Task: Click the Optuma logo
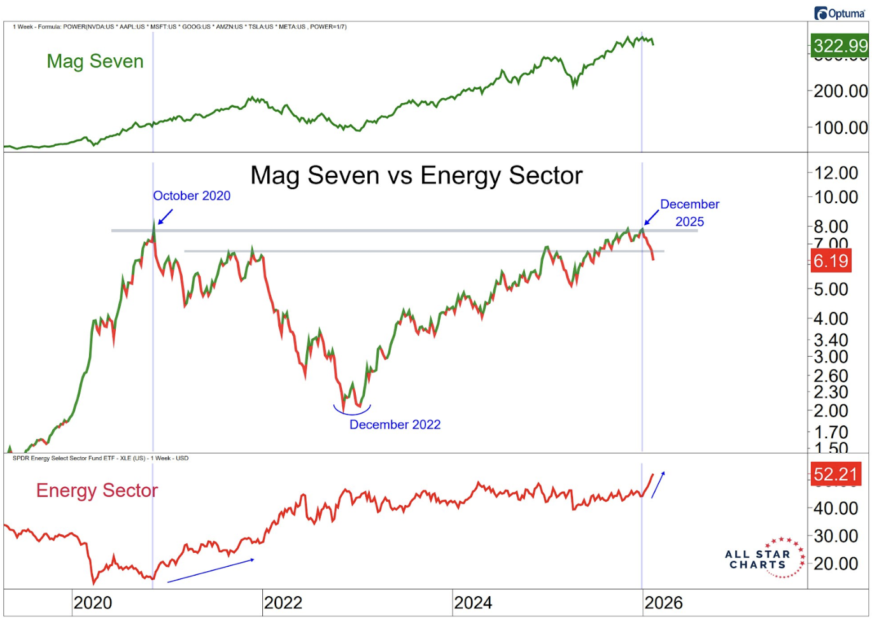(840, 13)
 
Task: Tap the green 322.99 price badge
(840, 46)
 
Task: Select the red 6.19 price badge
(831, 261)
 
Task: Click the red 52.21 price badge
(836, 474)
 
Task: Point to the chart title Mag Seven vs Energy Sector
(416, 176)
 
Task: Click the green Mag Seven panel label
(95, 61)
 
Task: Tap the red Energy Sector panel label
(97, 490)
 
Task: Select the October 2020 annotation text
(192, 196)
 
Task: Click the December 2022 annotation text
(395, 425)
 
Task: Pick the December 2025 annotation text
(689, 213)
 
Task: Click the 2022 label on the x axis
(283, 603)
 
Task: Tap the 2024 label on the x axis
(473, 603)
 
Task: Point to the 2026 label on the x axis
(663, 603)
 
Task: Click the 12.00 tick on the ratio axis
(836, 173)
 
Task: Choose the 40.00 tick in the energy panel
(836, 508)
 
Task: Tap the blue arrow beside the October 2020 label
(165, 217)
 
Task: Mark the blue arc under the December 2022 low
(352, 411)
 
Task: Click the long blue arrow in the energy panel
(211, 571)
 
